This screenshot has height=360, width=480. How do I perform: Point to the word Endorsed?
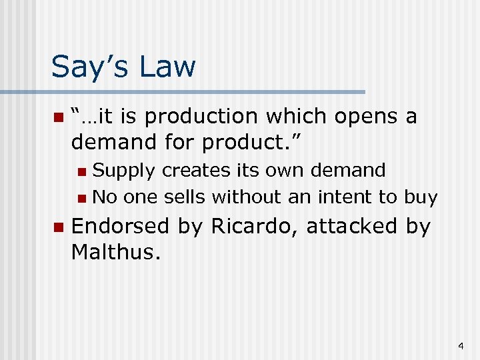pos(121,226)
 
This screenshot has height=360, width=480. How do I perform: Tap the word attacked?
pos(353,226)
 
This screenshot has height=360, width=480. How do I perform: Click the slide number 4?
pos(460,346)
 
